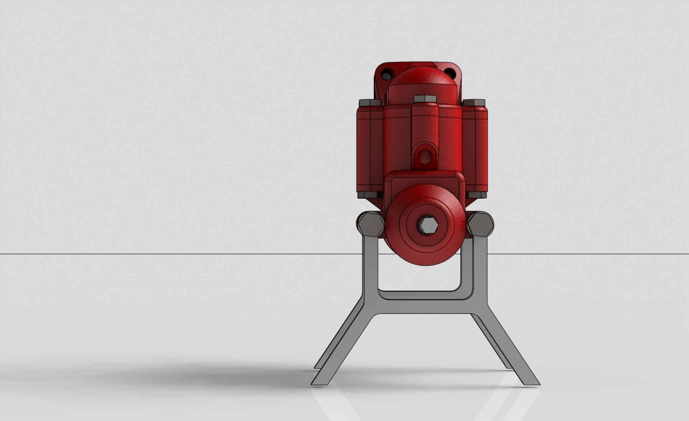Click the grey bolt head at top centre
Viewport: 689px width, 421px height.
point(424,98)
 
